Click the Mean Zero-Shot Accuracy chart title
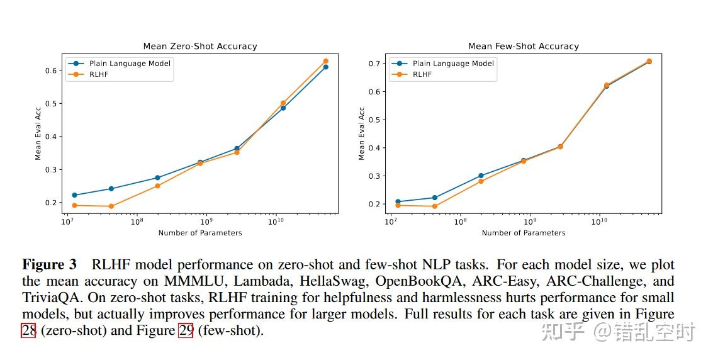[200, 46]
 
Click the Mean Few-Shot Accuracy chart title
[524, 46]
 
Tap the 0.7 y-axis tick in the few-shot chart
[376, 64]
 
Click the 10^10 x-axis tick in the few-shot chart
[599, 222]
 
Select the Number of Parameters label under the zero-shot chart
[200, 233]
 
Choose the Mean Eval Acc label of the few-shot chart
[361, 133]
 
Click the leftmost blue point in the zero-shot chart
[74, 195]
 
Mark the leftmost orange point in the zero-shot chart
[74, 205]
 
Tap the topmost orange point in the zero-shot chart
[325, 61]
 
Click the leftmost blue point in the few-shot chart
[398, 201]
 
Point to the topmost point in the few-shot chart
[649, 61]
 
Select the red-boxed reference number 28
[28, 330]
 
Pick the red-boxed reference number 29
[186, 330]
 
